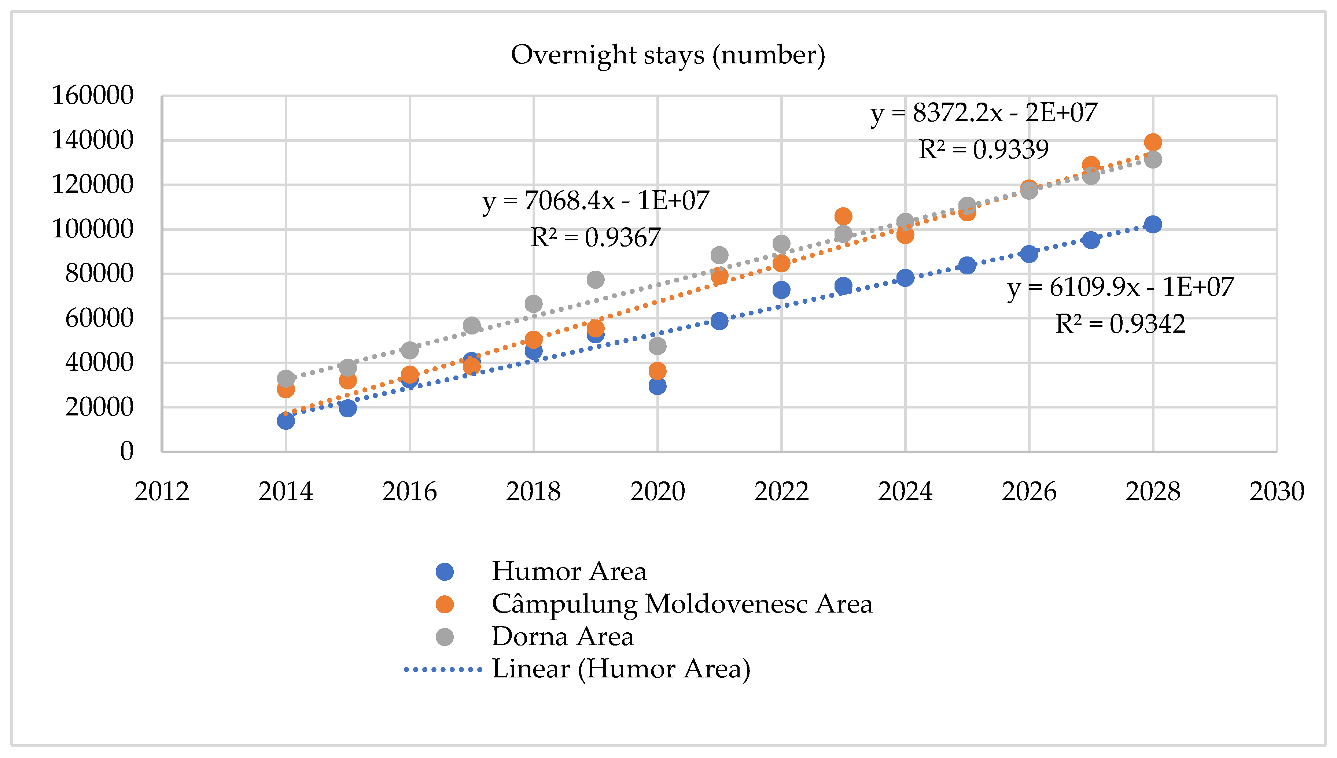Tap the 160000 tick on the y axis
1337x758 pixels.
tap(93, 95)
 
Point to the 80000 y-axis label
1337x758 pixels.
tap(99, 273)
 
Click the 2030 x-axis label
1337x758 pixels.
tap(1277, 491)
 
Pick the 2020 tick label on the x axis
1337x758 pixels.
tap(657, 491)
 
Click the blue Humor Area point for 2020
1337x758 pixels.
tap(657, 386)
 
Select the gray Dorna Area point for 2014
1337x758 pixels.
tap(285, 378)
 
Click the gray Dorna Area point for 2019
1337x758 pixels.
tap(595, 280)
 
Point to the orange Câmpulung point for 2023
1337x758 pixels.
tap(843, 216)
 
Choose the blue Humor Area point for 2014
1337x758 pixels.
tap(285, 421)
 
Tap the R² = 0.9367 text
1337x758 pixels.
tap(595, 238)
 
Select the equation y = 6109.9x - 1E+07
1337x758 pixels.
tap(1120, 287)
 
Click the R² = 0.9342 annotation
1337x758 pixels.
tap(1120, 324)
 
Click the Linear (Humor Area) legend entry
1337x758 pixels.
tap(620, 669)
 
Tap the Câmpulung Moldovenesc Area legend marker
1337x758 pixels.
tap(444, 604)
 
